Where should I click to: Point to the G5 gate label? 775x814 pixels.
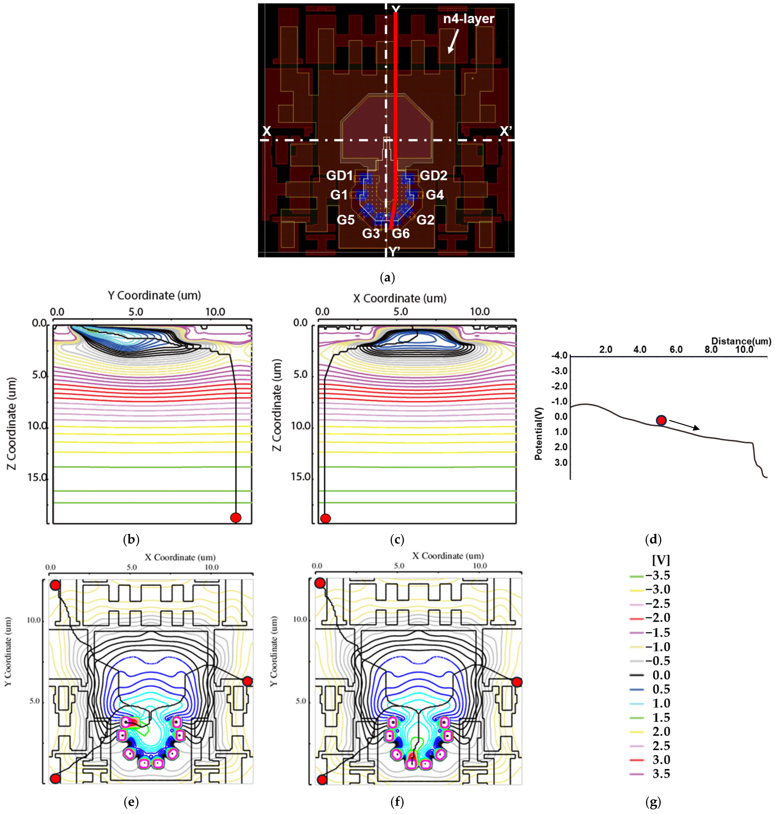[x=346, y=220]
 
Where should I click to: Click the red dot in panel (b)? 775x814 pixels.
[x=236, y=517]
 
